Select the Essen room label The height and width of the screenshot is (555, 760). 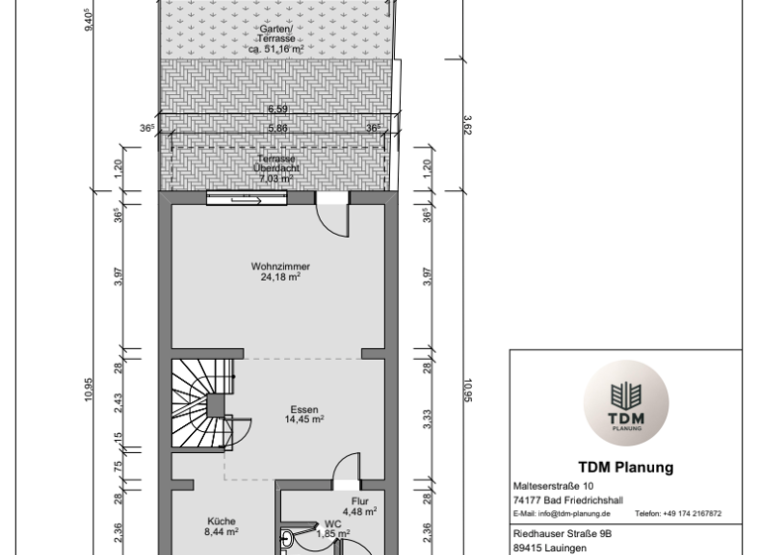pos(305,409)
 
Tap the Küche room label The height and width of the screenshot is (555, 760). pos(222,520)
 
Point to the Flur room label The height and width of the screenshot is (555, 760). pos(359,501)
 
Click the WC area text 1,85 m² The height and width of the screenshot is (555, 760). pos(332,533)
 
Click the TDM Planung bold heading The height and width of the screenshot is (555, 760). pos(625,468)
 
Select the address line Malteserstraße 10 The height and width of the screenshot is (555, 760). pos(554,487)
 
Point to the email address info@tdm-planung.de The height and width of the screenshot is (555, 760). pos(561,514)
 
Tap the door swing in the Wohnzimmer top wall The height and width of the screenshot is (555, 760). pos(333,215)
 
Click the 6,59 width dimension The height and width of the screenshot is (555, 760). pos(277,110)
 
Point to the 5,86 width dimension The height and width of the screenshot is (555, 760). pos(277,128)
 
